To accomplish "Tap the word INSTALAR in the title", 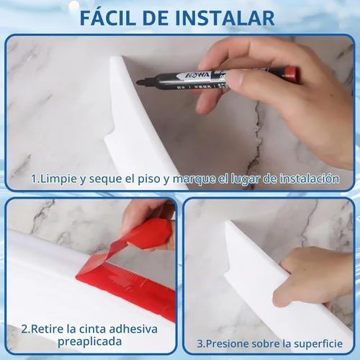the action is (x=225, y=17).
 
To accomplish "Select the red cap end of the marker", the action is (x=291, y=75).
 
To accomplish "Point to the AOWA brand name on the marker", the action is (x=194, y=76).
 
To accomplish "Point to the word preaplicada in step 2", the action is (x=89, y=342).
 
